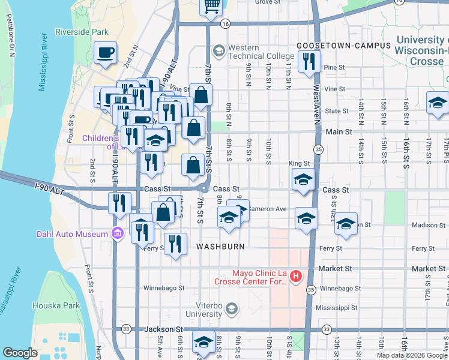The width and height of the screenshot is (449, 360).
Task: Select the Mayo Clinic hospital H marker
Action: point(295,277)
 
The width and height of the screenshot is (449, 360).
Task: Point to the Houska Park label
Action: point(64,305)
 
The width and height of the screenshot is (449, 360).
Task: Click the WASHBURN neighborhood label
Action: point(220,247)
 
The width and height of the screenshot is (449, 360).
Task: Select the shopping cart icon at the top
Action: point(211,5)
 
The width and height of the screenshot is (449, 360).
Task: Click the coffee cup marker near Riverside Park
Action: point(106,53)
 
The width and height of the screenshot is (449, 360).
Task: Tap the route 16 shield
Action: point(225,23)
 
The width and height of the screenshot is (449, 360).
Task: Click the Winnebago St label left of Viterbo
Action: point(163,288)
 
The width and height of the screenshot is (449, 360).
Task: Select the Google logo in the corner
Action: point(20,353)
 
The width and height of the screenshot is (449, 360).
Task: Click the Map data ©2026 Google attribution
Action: point(412,355)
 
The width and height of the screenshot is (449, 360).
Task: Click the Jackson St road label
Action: point(164,329)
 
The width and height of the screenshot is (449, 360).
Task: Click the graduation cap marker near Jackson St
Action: point(203,343)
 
